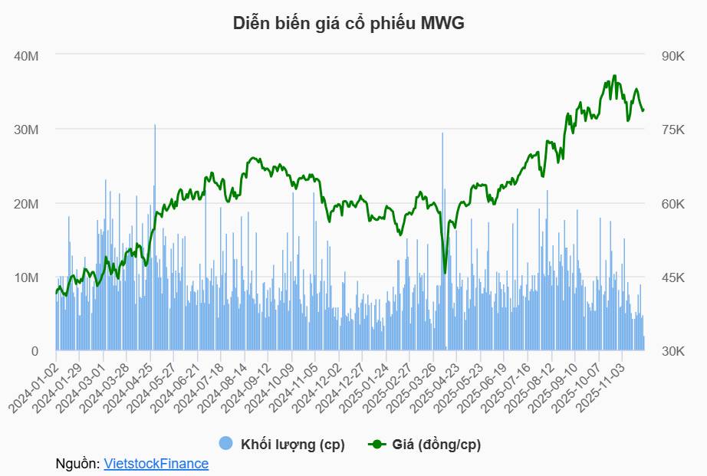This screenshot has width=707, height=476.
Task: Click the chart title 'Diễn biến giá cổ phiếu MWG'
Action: [349, 24]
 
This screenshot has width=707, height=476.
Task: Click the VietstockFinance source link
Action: [156, 464]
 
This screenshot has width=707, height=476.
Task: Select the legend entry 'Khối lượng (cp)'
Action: [292, 445]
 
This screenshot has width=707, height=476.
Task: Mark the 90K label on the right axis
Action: [672, 56]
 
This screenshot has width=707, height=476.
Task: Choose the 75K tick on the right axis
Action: [672, 130]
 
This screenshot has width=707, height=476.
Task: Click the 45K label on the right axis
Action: [672, 277]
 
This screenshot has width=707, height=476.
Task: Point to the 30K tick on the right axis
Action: [672, 351]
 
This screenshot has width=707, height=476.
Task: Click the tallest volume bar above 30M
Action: [155, 126]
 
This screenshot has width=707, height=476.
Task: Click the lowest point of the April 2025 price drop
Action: [445, 272]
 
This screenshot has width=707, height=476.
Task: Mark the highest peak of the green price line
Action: [615, 76]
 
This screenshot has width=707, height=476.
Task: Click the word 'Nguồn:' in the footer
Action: [77, 464]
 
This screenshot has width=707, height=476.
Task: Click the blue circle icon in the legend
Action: [225, 444]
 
